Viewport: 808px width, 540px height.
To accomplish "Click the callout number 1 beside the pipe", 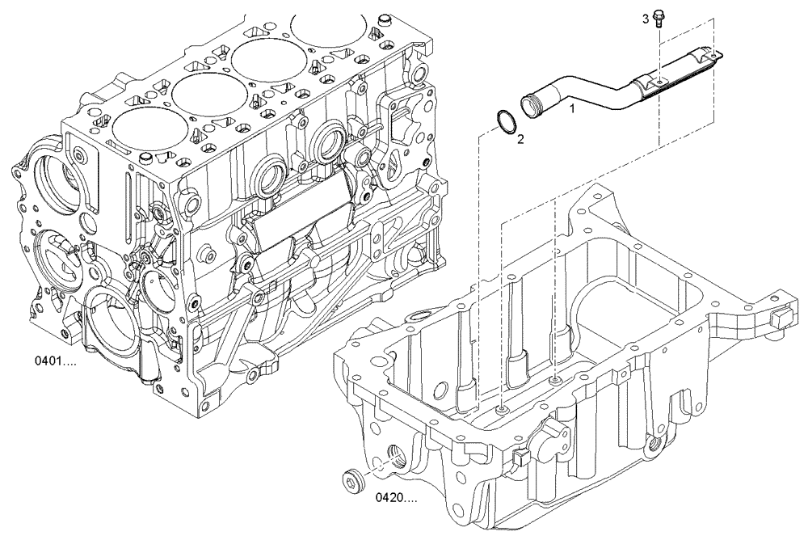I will (573, 107).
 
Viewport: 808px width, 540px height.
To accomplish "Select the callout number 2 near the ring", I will (520, 138).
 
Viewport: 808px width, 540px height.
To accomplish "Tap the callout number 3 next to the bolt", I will (646, 18).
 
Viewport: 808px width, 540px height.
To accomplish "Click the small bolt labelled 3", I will (658, 17).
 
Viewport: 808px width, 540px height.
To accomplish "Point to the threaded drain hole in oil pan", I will (398, 462).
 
